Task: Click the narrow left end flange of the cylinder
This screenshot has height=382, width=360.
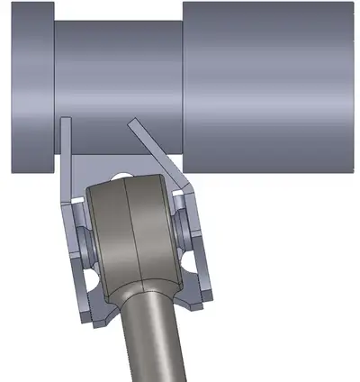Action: [x=31, y=90]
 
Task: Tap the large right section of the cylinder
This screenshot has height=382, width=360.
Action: [x=270, y=81]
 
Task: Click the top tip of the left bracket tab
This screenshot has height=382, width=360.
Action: [x=65, y=121]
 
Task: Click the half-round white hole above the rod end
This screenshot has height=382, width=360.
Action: [x=121, y=176]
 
